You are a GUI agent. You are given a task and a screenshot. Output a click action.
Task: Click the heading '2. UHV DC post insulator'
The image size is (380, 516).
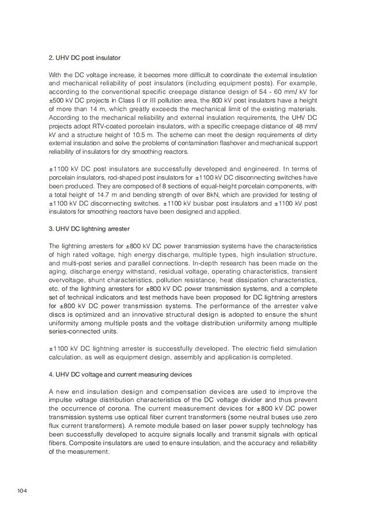tap(84, 58)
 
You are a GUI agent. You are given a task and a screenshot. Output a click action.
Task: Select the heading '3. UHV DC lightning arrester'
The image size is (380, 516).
tap(89, 229)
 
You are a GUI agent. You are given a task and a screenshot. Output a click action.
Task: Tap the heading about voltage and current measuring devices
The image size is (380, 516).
tap(120, 374)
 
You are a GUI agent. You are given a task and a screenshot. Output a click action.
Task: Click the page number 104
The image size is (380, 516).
tap(22, 491)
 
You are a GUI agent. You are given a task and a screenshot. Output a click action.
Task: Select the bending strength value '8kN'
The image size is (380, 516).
tap(230, 195)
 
